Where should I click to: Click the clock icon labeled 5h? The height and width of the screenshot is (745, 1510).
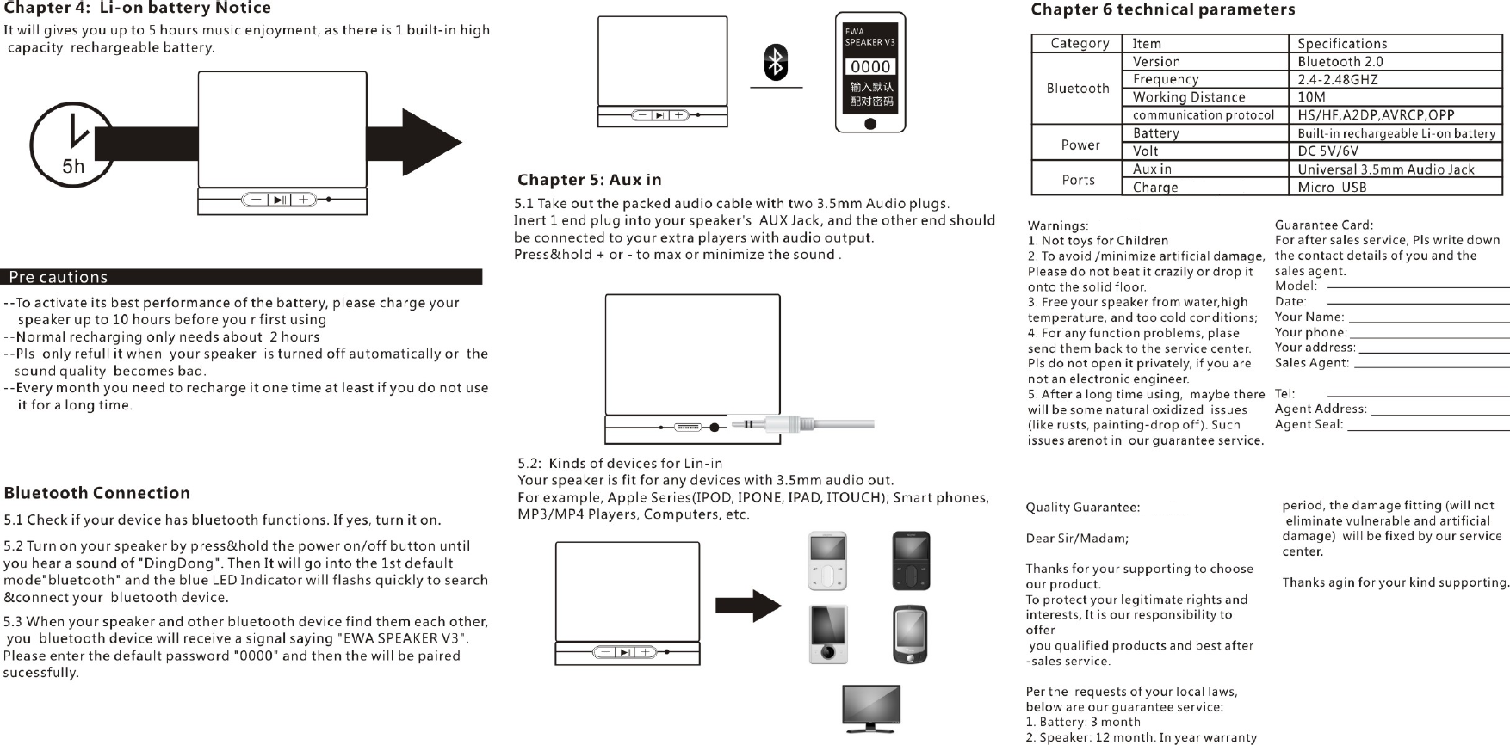tap(72, 145)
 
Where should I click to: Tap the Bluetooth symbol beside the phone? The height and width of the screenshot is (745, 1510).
tap(776, 62)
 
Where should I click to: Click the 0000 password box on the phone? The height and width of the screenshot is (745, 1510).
tap(870, 66)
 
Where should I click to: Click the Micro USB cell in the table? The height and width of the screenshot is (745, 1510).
tap(1332, 187)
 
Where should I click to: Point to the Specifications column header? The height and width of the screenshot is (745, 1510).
tap(1342, 43)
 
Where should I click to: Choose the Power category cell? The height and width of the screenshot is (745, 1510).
tap(1080, 145)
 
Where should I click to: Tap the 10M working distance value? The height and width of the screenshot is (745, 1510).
tap(1311, 97)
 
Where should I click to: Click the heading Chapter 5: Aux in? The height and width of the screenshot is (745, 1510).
tap(589, 180)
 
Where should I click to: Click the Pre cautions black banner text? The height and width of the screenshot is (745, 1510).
tap(59, 277)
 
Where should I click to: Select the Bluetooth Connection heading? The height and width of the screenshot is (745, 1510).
tap(96, 493)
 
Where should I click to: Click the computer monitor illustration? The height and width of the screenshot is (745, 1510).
tap(871, 708)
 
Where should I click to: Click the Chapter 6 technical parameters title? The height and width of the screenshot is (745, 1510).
tap(1162, 9)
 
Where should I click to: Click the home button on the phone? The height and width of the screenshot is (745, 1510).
tap(870, 124)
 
